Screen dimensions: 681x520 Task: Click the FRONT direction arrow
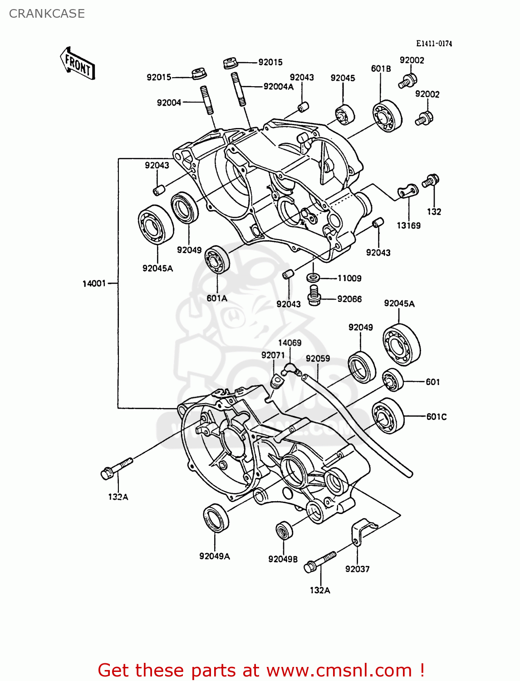[78, 64]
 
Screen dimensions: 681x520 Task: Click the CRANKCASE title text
[47, 14]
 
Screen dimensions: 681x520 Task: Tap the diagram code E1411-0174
[434, 44]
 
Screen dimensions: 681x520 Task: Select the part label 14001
[94, 284]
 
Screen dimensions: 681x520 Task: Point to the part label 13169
[408, 226]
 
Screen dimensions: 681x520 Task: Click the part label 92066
[349, 299]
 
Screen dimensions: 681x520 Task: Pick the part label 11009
[349, 278]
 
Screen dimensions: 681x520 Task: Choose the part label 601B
[381, 69]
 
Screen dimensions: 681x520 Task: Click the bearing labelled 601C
[388, 416]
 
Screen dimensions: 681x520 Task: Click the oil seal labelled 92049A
[216, 518]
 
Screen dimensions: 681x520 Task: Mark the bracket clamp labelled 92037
[361, 531]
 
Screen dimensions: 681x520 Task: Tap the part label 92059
[318, 359]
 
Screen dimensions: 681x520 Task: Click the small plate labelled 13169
[407, 192]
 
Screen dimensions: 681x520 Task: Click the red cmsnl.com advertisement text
[261, 670]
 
